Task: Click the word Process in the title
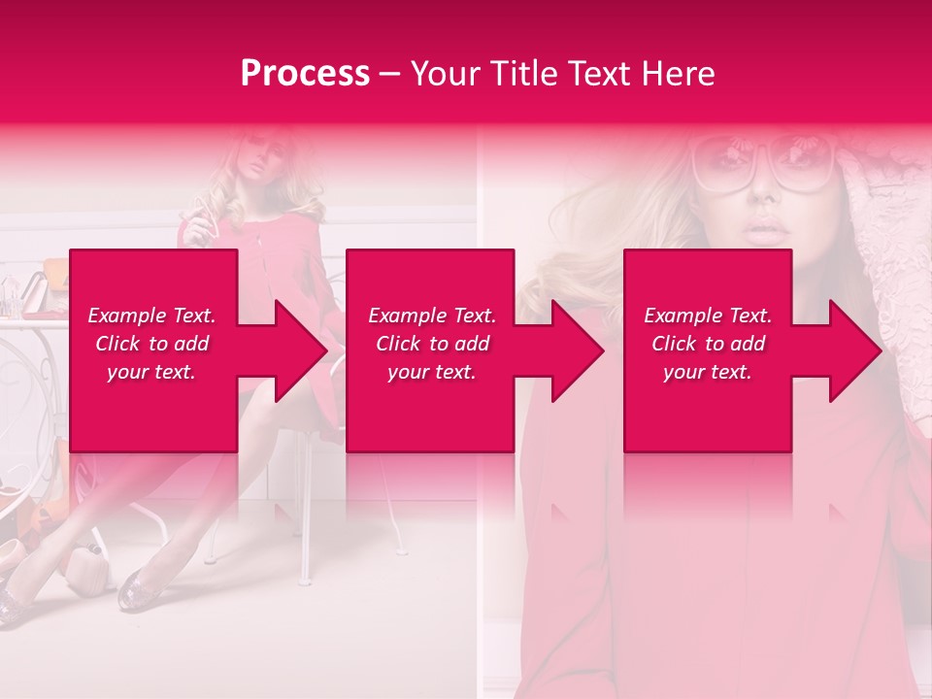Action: click(305, 74)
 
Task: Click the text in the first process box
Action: click(151, 344)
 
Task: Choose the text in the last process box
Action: click(708, 344)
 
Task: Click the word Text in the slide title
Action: click(597, 74)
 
